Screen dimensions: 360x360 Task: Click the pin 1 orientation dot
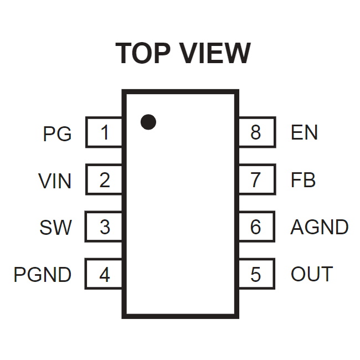[148, 122]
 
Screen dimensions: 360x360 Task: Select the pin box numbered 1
[104, 132]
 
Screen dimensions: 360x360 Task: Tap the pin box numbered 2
[104, 179]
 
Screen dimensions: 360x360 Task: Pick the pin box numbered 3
[104, 227]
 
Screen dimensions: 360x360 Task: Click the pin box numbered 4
[104, 274]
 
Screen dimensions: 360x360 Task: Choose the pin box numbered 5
[257, 274]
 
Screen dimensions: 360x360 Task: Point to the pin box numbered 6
[257, 227]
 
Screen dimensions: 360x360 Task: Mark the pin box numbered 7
[258, 179]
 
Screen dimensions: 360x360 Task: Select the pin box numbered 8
[258, 132]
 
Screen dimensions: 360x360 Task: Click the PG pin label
[57, 133]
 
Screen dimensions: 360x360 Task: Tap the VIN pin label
[55, 181]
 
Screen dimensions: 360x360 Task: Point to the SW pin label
[55, 228]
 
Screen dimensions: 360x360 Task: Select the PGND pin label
[43, 275]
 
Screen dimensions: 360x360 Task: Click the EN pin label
[304, 132]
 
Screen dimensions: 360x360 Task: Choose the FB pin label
[303, 180]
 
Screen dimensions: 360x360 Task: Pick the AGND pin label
[320, 227]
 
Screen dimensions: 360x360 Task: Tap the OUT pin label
[312, 274]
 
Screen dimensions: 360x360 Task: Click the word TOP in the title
[143, 53]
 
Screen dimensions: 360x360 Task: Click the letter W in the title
[236, 53]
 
